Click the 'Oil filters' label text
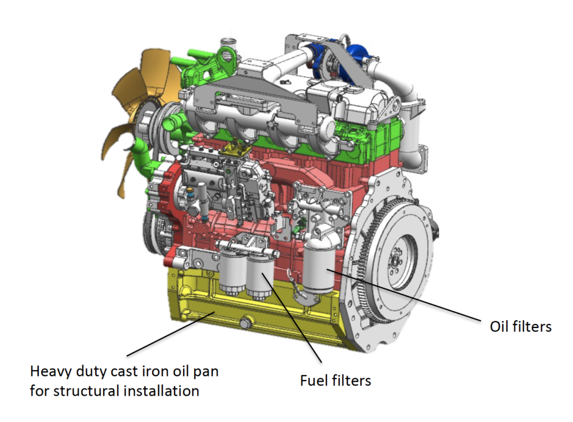click(520, 326)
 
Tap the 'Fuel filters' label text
click(336, 381)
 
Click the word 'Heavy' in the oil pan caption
click(51, 372)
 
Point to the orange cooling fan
click(140, 110)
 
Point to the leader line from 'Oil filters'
click(404, 295)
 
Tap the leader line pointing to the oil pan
click(171, 334)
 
